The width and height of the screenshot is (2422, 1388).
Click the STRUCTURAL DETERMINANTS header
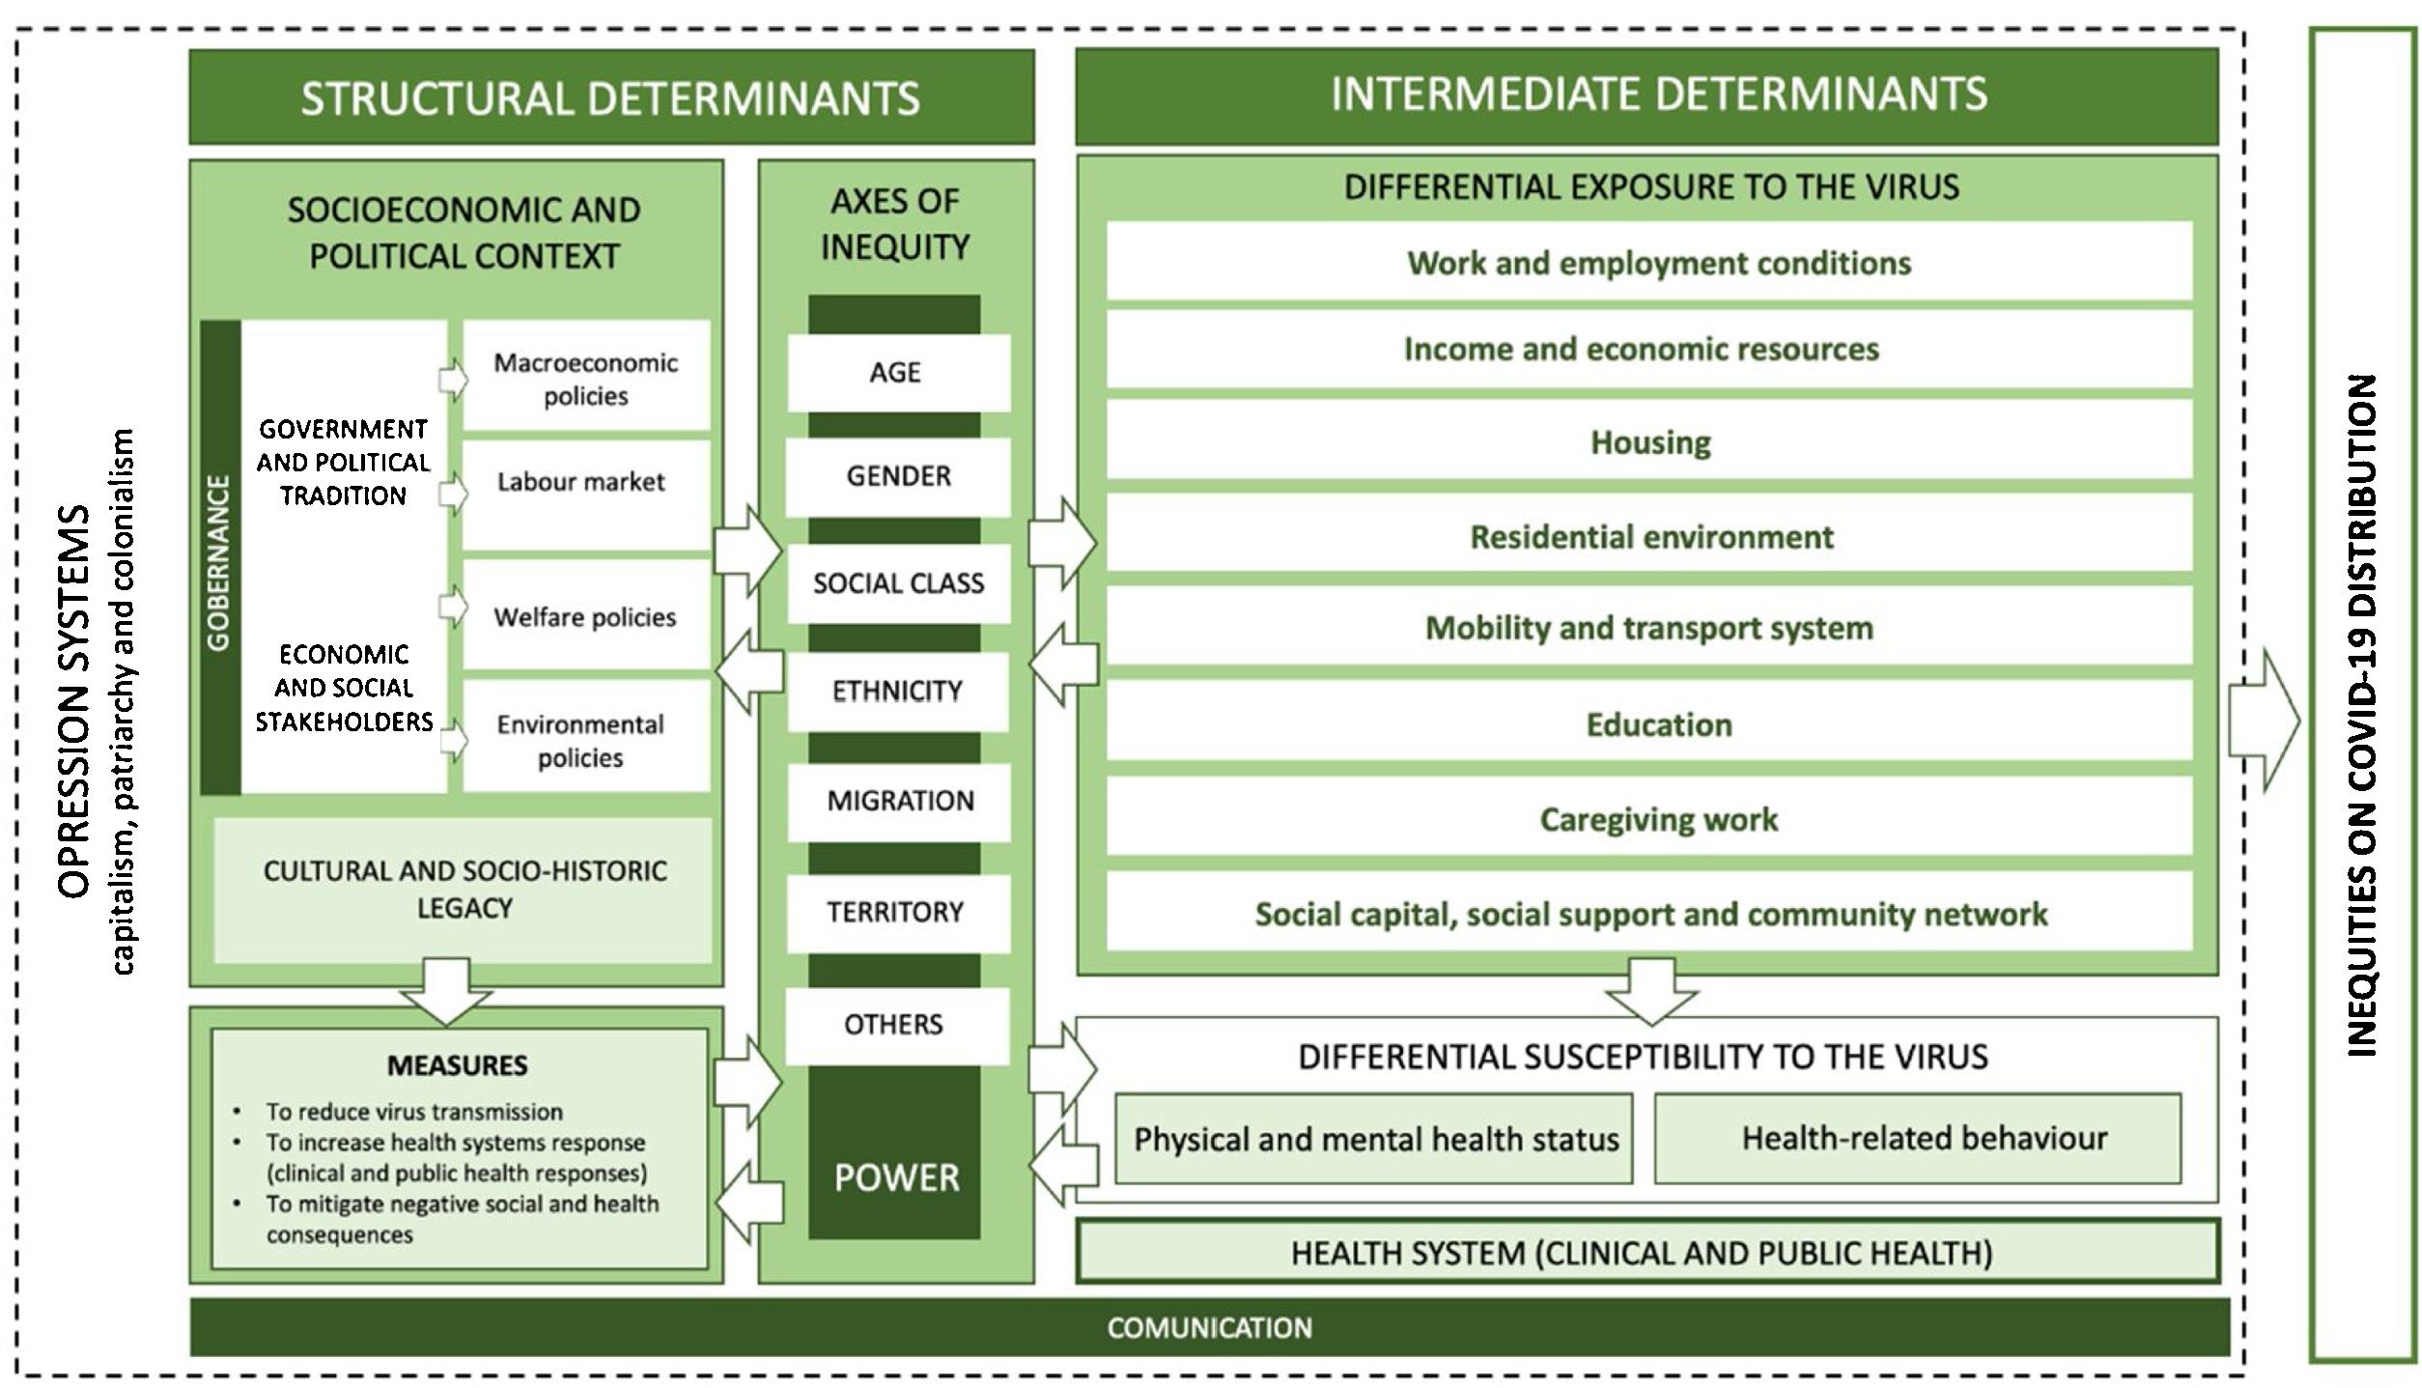pos(610,98)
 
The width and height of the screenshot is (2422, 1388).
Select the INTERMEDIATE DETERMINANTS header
pos(1646,96)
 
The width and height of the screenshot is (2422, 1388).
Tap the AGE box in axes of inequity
pos(897,373)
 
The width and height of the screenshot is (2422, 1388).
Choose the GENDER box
pos(897,476)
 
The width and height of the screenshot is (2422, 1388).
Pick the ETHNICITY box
pos(897,692)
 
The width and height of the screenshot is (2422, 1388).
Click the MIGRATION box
pos(899,801)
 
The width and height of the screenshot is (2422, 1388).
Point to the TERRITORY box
pos(897,912)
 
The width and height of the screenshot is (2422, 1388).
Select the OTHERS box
pos(895,1024)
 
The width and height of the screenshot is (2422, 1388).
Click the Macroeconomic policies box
pos(586,378)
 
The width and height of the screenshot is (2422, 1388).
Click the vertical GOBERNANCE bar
pos(220,558)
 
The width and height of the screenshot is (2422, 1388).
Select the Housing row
pos(1648,442)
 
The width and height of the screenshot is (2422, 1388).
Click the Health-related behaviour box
pos(1917,1139)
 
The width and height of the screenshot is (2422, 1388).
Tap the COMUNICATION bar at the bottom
pos(1209,1327)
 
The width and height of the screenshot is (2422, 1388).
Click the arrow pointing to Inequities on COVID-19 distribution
pos(2266,721)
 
